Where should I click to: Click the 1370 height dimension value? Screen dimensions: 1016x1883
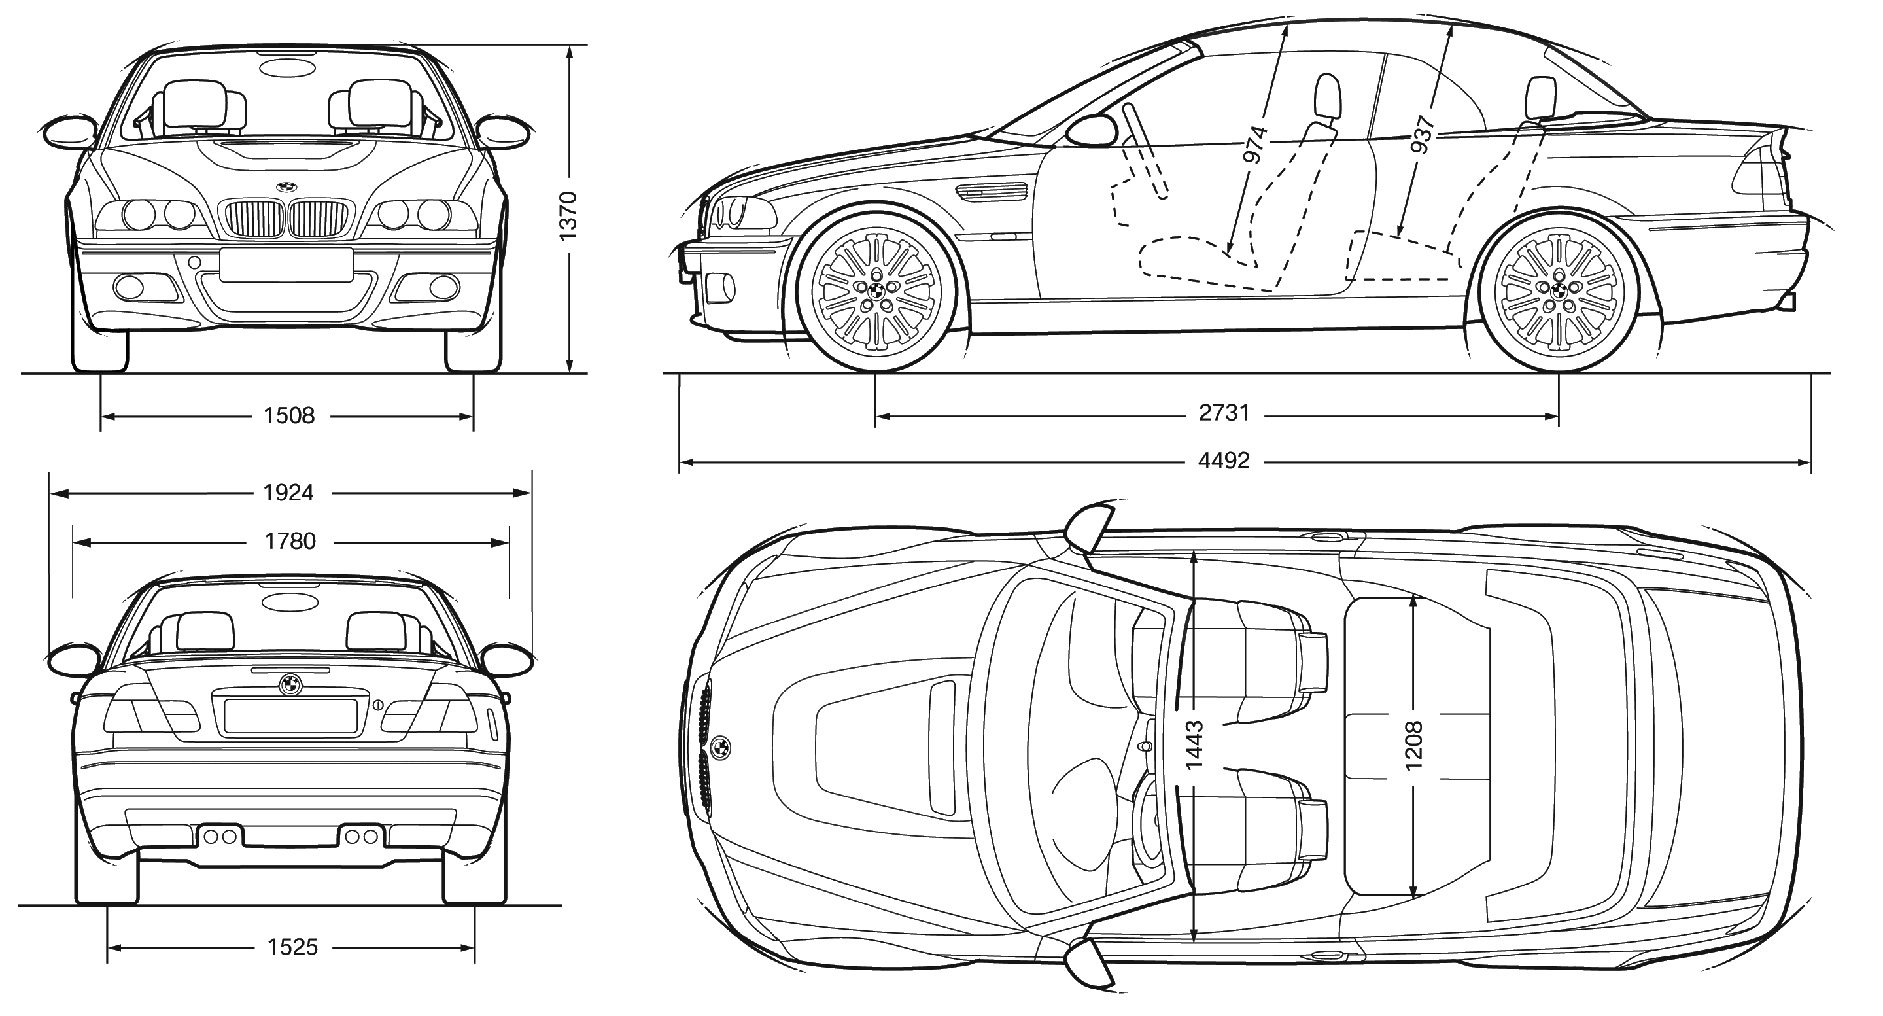(568, 216)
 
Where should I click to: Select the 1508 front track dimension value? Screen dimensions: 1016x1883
(288, 416)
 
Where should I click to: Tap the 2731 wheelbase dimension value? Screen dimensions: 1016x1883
(1224, 413)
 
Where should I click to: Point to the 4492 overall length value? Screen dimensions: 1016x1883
(1224, 461)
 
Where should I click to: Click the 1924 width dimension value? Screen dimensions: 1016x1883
(288, 493)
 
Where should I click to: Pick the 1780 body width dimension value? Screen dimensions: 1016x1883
(290, 542)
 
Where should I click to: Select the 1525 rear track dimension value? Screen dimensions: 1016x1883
(292, 948)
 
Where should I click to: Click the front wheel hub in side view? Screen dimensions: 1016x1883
(876, 289)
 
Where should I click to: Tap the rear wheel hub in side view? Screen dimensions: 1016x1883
(1559, 289)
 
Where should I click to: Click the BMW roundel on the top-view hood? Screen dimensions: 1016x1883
(720, 747)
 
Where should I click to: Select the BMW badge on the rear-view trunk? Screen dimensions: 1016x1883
(290, 684)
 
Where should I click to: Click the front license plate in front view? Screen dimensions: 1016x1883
(286, 264)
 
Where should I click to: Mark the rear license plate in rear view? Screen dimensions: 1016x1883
(290, 716)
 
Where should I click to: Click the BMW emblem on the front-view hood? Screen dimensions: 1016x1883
(286, 186)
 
